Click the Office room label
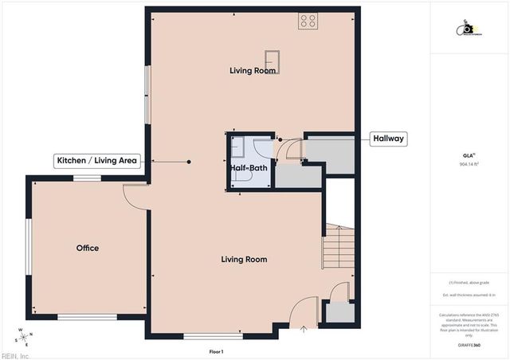(x=88, y=248)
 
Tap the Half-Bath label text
(x=249, y=168)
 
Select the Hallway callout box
(x=389, y=139)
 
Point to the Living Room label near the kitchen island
(x=253, y=71)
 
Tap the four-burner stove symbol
(x=308, y=22)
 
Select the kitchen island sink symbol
(x=273, y=61)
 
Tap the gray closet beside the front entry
(x=339, y=311)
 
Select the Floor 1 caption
(x=216, y=351)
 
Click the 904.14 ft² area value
(x=469, y=163)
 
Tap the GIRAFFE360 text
(x=469, y=346)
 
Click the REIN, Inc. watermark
(x=14, y=355)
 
